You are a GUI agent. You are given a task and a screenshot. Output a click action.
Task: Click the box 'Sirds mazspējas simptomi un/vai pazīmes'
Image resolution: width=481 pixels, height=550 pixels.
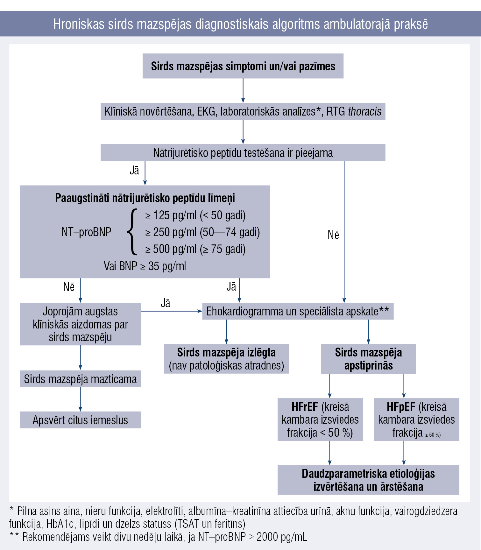243,66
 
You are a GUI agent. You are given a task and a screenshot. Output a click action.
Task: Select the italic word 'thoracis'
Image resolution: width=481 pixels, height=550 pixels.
365,111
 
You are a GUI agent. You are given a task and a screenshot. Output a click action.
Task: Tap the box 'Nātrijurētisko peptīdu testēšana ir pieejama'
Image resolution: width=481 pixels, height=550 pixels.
243,152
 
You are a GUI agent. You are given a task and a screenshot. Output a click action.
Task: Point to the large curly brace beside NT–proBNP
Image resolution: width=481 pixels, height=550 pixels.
132,232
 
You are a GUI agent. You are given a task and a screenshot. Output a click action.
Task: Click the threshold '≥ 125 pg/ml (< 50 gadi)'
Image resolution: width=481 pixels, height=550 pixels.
195,215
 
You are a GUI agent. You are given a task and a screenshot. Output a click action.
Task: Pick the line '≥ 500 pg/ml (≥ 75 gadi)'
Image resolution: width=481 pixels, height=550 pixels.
195,249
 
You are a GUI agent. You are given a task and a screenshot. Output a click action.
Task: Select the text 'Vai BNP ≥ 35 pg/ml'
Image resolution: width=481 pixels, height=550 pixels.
145,266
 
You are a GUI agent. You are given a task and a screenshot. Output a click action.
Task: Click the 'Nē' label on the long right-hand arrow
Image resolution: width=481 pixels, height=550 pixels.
333,235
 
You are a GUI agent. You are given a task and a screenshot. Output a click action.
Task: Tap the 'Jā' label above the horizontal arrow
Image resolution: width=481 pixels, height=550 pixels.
166,303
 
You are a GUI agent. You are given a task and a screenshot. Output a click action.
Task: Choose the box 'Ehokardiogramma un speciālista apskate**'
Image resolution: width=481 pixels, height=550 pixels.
298,311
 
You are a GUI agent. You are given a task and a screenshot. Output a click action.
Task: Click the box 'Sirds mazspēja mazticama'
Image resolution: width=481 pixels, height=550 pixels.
80,379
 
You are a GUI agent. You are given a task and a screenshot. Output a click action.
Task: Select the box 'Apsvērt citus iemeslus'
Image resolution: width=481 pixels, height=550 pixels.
80,420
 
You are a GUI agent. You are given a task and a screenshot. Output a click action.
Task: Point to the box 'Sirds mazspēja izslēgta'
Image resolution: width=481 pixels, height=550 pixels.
226,359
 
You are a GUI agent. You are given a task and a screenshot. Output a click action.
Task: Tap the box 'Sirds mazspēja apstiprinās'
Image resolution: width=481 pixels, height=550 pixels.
368,359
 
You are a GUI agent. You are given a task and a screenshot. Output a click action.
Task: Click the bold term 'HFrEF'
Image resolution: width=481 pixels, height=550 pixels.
305,407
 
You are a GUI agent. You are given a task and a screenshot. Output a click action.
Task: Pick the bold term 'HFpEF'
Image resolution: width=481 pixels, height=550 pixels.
401,407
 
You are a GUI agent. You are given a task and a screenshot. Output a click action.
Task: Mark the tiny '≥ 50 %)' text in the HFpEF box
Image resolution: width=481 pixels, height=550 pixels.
433,435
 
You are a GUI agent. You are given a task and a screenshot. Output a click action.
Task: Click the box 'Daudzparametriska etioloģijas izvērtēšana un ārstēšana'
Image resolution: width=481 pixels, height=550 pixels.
368,480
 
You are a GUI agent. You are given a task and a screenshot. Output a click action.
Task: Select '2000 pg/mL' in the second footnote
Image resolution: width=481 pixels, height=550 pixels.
282,537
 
